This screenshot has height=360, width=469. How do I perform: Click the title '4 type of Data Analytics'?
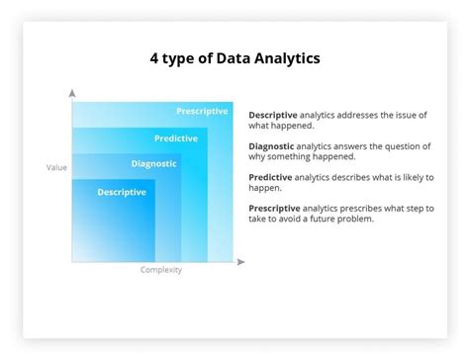234,58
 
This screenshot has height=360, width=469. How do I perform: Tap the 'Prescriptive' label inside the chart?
202,111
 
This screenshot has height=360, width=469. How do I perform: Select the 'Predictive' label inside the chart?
176,138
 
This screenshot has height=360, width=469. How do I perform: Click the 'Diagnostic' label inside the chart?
153,164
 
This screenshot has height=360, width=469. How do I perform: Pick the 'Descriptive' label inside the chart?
122,192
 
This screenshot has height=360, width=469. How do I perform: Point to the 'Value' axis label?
56,167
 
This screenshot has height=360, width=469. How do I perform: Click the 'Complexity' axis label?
160,270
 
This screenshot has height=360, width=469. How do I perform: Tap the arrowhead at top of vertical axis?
71,92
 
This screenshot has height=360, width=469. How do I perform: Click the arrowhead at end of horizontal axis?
240,262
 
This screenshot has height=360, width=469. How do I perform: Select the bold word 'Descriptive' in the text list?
273,115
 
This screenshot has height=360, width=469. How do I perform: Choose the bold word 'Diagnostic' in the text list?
272,146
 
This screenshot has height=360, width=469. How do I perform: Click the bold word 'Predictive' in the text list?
270,178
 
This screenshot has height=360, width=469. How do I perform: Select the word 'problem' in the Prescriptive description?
354,220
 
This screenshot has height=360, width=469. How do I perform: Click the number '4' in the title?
154,58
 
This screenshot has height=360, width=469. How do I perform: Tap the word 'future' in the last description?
318,220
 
